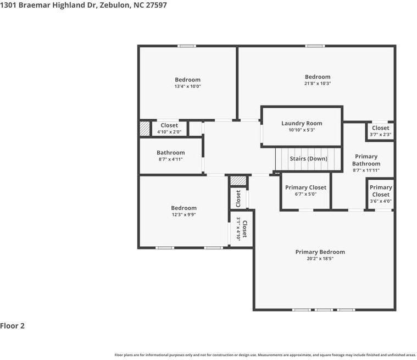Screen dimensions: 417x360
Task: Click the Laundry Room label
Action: tap(302, 124)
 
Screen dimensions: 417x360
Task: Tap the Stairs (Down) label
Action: tap(309, 159)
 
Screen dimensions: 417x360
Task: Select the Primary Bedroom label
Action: tap(320, 252)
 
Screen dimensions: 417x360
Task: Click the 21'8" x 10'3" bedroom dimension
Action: tap(318, 84)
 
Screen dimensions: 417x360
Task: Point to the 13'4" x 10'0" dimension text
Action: tap(188, 86)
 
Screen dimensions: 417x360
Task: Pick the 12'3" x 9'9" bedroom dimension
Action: tap(184, 214)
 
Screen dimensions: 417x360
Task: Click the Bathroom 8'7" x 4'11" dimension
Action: tap(170, 159)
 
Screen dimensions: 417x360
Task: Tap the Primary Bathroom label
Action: tap(366, 160)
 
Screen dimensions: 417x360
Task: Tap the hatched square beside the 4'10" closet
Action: tap(144, 129)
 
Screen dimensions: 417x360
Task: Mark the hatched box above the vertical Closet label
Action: tap(238, 181)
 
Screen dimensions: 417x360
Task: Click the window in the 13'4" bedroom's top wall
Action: tap(187, 46)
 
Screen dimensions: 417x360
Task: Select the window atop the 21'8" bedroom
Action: tap(315, 46)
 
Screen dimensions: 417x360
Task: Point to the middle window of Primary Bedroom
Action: tap(324, 310)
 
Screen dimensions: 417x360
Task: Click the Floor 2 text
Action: tap(12, 326)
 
